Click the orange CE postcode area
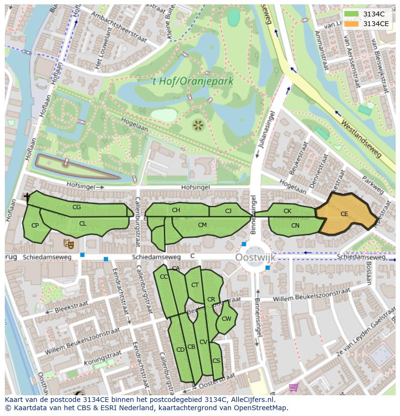click(345, 214)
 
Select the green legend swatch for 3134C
click(351, 14)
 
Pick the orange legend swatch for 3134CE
click(351, 24)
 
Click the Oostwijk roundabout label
click(255, 258)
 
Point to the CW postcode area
click(226, 318)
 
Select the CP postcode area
click(35, 226)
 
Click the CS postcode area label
click(216, 361)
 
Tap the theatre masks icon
click(68, 244)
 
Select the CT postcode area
click(195, 285)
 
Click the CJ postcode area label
click(229, 211)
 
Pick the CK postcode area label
click(287, 211)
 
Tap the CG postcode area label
click(76, 207)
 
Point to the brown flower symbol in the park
click(198, 126)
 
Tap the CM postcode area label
click(202, 225)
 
